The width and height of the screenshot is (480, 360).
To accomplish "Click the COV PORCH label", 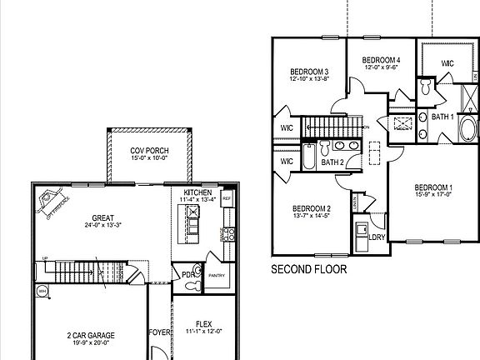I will click(149, 150).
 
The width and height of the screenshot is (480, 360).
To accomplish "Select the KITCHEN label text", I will click(198, 192).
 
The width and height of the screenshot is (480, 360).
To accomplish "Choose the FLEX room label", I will click(203, 325).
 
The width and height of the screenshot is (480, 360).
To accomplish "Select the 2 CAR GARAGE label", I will click(92, 335).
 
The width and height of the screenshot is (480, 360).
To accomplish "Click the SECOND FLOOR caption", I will click(309, 270).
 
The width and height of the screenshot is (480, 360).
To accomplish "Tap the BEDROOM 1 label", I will click(433, 187).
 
